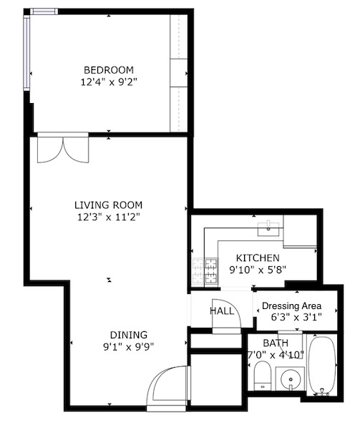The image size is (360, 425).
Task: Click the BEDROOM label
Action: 109,69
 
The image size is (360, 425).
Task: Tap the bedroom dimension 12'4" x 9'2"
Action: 109,82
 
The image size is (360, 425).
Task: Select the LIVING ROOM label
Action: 108,204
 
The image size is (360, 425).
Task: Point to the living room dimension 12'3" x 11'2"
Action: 108,217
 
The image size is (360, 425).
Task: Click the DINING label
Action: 128,335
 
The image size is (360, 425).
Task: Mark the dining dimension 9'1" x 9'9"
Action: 128,348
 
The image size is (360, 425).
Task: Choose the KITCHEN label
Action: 258,258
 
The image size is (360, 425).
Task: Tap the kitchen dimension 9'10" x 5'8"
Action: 258,270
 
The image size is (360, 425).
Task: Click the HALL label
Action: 221,311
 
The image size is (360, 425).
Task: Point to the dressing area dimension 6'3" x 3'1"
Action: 296,317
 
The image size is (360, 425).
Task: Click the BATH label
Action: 276,343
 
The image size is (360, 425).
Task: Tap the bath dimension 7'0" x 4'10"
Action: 276,355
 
